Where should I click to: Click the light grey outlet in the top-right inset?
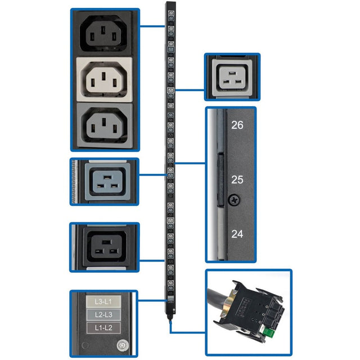tap(232, 75)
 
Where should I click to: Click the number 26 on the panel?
tap(237, 125)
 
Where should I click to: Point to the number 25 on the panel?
tap(237, 180)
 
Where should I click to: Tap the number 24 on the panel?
tap(237, 234)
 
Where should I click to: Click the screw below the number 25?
tap(231, 199)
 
